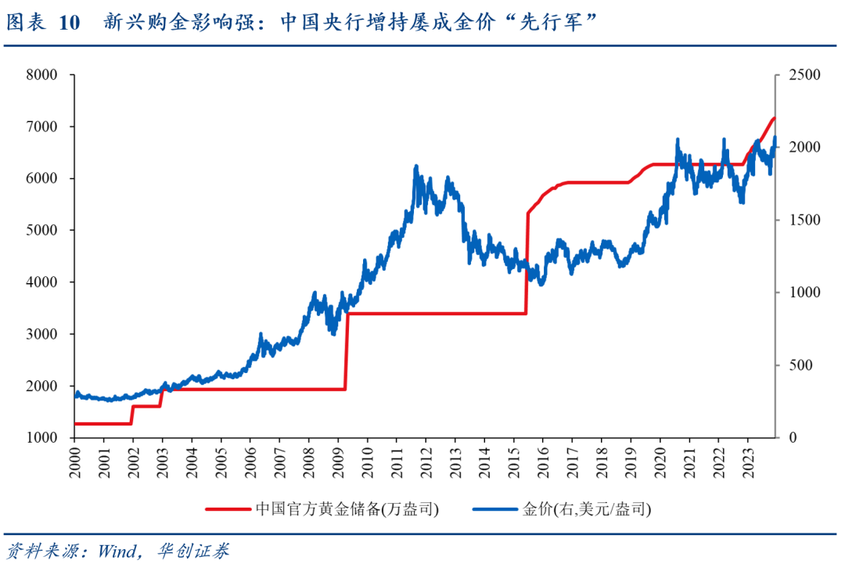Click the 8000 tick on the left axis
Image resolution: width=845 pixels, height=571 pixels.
(42, 75)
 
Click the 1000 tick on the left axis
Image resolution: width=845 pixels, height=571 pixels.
(42, 438)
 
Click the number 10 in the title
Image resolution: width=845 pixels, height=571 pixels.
(69, 23)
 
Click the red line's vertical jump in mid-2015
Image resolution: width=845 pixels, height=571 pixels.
(527, 262)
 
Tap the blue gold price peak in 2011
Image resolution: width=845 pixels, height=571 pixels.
(415, 166)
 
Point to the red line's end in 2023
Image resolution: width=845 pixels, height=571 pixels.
(774, 118)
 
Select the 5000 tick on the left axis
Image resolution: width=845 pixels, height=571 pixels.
(42, 231)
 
